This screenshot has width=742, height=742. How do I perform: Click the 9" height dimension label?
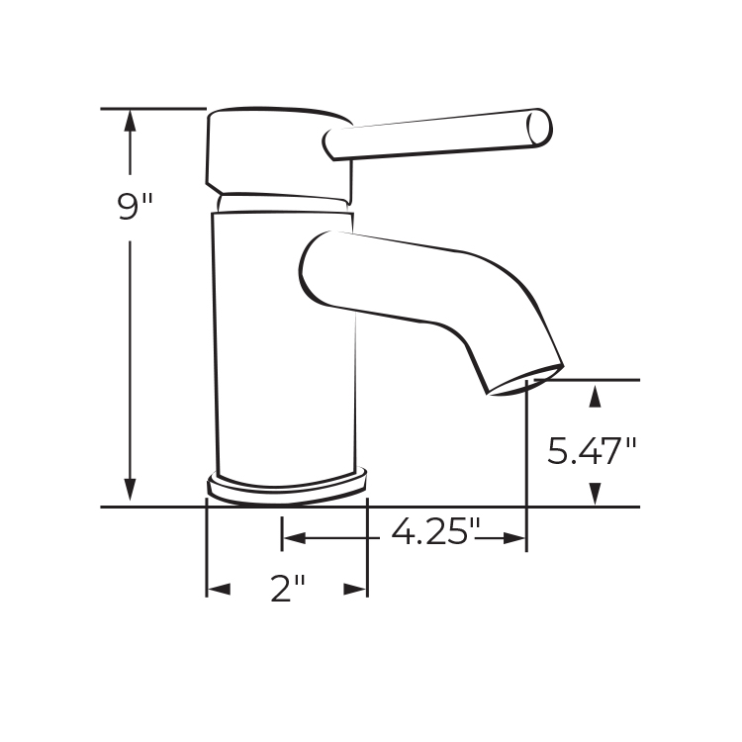click(135, 206)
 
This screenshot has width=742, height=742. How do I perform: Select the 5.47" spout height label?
click(592, 450)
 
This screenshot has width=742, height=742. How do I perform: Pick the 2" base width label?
click(287, 589)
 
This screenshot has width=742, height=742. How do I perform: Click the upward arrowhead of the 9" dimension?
click(130, 121)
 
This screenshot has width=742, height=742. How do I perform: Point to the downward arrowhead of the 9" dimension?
click(130, 490)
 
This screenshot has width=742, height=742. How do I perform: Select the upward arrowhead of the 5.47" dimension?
click(595, 397)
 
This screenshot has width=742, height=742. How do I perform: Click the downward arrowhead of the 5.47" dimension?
click(595, 494)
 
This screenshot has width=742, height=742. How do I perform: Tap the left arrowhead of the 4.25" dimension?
click(294, 538)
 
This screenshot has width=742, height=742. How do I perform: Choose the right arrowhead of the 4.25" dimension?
click(514, 538)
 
